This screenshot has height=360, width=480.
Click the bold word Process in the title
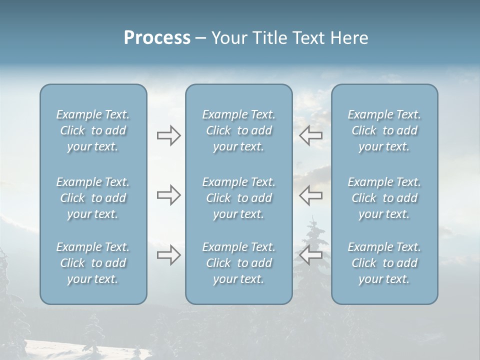157,38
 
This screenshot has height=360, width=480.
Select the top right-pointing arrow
168,135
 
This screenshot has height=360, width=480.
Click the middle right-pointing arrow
168,195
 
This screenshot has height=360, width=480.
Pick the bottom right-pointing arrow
168,255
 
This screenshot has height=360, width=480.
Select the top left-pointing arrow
311,135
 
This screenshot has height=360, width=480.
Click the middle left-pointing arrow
311,195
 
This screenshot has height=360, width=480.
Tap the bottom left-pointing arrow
311,255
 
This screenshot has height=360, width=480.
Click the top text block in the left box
93,130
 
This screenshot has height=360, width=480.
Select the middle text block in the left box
93,198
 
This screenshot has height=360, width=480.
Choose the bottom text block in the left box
93,263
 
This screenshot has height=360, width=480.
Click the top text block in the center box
238,130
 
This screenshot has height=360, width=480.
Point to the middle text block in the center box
238,198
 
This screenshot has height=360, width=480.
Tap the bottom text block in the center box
238,263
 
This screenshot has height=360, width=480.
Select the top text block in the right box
384,130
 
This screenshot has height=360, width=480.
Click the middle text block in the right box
384,198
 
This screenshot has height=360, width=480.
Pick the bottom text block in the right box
384,263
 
